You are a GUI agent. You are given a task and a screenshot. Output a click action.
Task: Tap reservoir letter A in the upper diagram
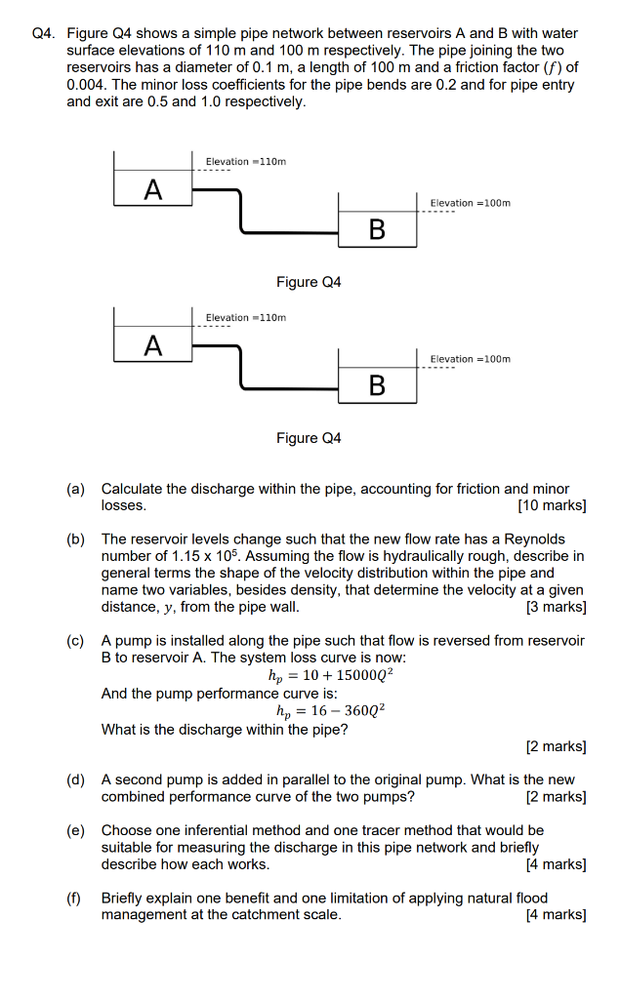tap(152, 189)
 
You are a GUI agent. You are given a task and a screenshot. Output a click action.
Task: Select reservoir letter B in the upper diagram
tap(377, 229)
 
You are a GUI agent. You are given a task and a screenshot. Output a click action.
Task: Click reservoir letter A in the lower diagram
tap(152, 345)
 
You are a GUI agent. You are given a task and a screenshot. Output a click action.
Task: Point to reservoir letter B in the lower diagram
tap(377, 385)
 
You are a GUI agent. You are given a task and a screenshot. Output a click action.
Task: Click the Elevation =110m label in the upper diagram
tap(245, 162)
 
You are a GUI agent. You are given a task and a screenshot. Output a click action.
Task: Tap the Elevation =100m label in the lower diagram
tap(470, 359)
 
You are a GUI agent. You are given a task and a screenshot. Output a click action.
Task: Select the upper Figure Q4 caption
tap(309, 282)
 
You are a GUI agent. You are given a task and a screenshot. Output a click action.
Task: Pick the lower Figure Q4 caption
tap(309, 438)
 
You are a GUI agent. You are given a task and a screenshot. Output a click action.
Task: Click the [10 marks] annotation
tap(552, 505)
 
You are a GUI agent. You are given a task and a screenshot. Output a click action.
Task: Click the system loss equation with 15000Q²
tap(330, 675)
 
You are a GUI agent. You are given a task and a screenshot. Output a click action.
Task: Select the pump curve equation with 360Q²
tap(331, 711)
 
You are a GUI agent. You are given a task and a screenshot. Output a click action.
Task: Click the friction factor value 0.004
tap(87, 85)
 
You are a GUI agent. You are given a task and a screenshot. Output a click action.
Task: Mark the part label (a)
tap(76, 489)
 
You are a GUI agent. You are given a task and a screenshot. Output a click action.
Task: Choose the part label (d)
tap(76, 779)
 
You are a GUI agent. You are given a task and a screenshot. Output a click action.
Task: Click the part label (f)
tap(75, 898)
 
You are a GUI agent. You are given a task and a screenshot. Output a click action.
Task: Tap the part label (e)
tap(76, 830)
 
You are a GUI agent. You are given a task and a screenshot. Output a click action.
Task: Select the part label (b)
tap(76, 539)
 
